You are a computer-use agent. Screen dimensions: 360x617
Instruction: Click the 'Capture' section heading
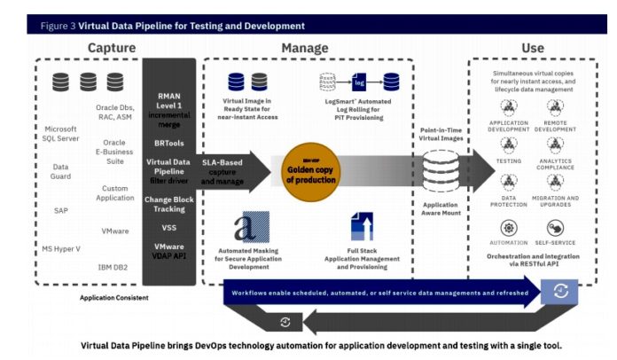(111, 46)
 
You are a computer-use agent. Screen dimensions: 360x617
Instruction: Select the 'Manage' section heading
(304, 46)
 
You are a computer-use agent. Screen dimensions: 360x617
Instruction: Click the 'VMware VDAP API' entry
(169, 252)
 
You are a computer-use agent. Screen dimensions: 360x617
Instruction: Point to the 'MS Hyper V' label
(61, 247)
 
